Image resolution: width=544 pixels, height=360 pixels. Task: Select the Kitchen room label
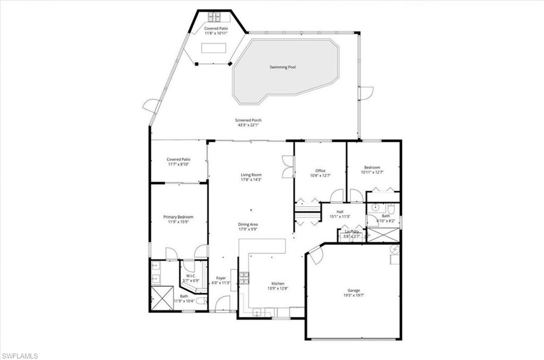coord(278,284)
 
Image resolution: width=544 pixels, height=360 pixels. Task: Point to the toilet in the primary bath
coord(200,301)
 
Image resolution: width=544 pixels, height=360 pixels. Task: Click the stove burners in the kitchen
coord(244,277)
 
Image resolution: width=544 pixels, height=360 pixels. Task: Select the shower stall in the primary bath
coord(161,298)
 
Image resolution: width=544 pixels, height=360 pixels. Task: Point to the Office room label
coord(320,170)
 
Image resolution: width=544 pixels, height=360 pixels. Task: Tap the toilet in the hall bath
coord(392,208)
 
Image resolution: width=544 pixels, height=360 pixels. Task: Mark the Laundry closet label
coord(352,232)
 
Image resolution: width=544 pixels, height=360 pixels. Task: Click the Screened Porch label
coord(249,121)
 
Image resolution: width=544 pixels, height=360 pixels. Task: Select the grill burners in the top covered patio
coord(215,16)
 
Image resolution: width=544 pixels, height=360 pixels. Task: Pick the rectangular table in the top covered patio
coord(213,49)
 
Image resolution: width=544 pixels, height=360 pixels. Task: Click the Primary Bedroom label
coord(178,217)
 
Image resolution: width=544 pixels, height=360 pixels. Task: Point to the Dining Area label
coord(248,224)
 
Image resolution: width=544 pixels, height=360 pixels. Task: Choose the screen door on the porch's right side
coord(366,93)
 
